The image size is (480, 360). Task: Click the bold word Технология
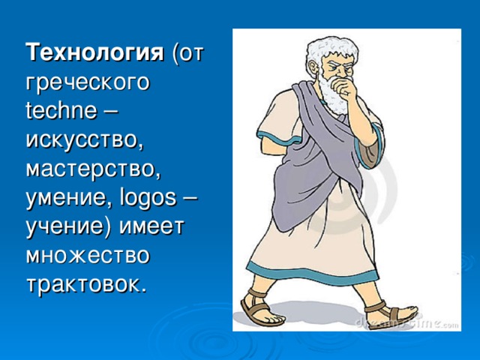pos(94,54)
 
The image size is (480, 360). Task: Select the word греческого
pos(87,83)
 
